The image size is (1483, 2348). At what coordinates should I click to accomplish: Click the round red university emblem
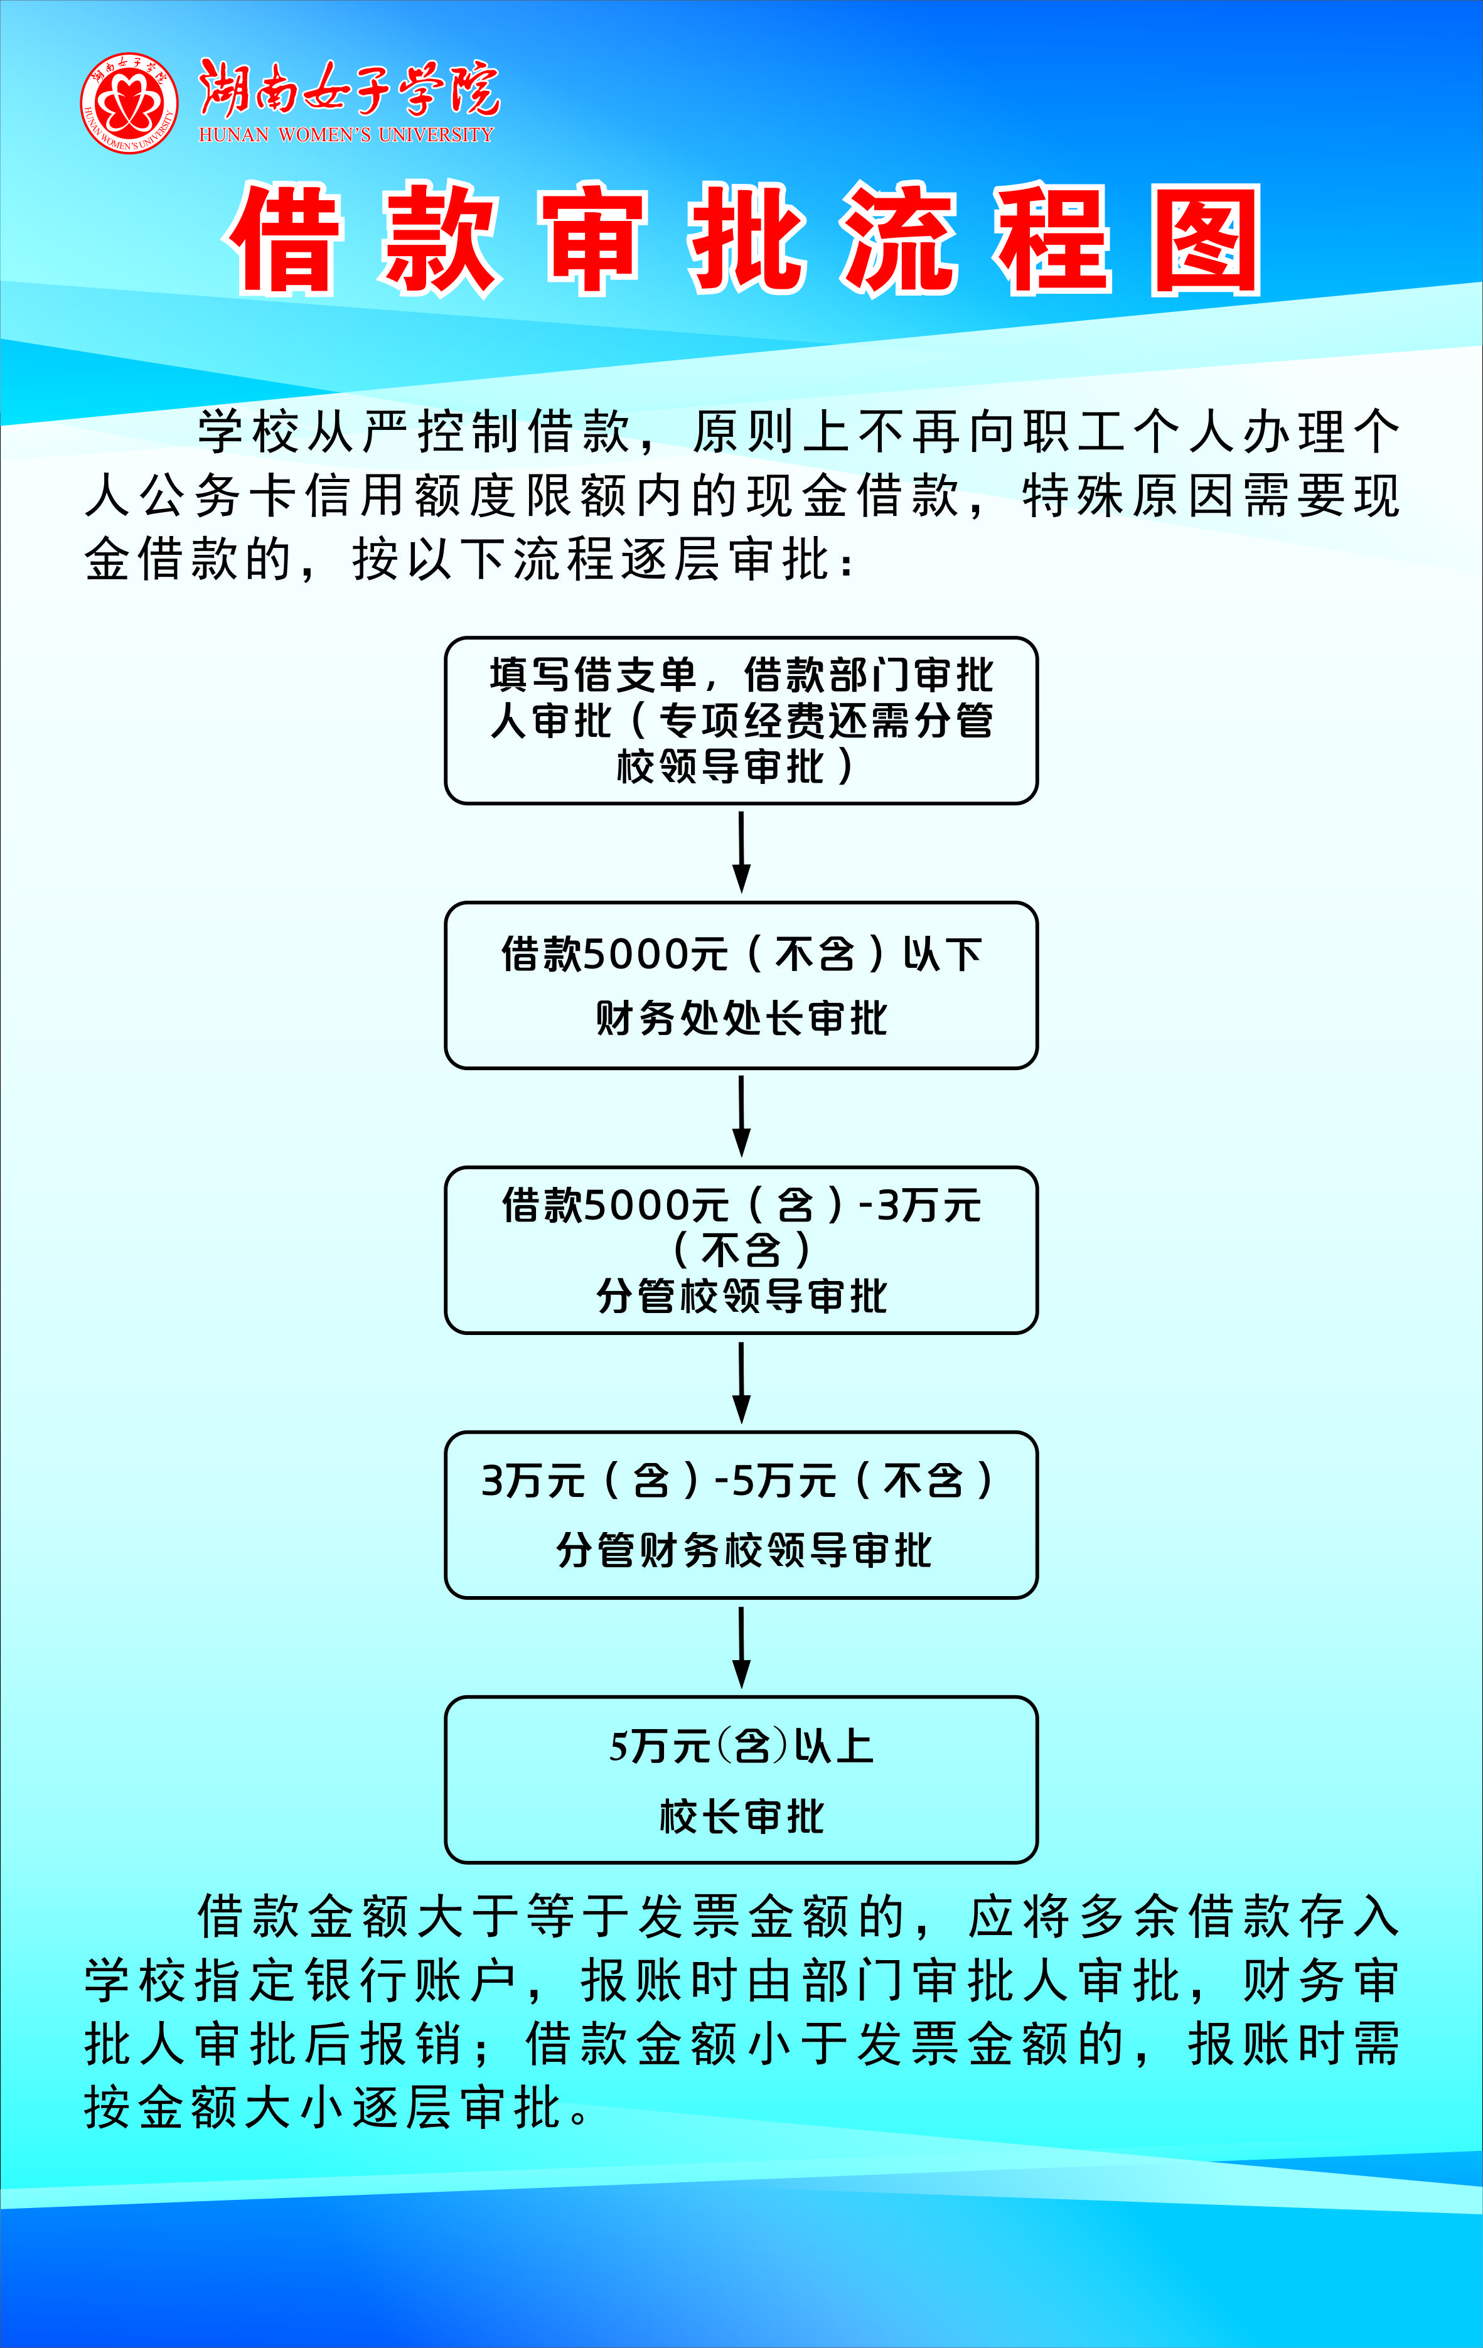point(129,104)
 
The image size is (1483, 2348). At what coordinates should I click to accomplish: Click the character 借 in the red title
point(285,239)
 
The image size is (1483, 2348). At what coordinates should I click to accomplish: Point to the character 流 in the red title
point(899,239)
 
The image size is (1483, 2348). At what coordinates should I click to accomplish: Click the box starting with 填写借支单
point(741,721)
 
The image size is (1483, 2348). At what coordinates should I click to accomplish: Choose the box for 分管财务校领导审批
point(741,1515)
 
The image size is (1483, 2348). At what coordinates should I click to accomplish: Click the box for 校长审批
point(741,1779)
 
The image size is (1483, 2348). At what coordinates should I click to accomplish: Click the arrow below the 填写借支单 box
point(741,852)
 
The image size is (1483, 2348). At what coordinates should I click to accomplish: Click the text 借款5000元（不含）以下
point(741,953)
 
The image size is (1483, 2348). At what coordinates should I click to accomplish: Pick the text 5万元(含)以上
point(741,1746)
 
